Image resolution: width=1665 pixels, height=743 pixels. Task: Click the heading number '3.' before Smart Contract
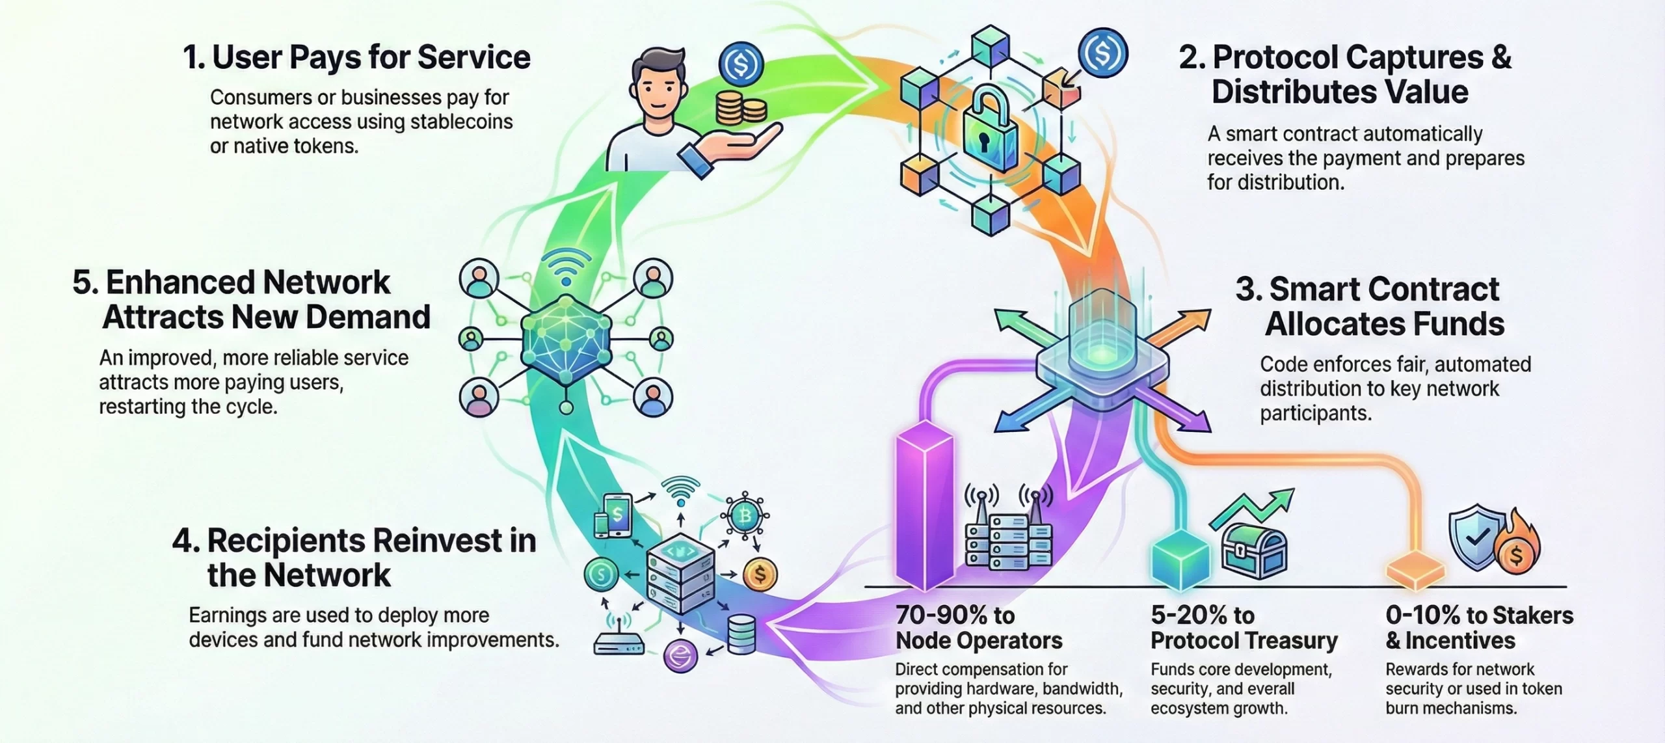[x=1248, y=289]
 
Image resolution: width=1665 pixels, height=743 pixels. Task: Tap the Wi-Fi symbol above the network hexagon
[x=566, y=267]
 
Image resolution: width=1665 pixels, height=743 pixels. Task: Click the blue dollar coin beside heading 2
[x=1102, y=52]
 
